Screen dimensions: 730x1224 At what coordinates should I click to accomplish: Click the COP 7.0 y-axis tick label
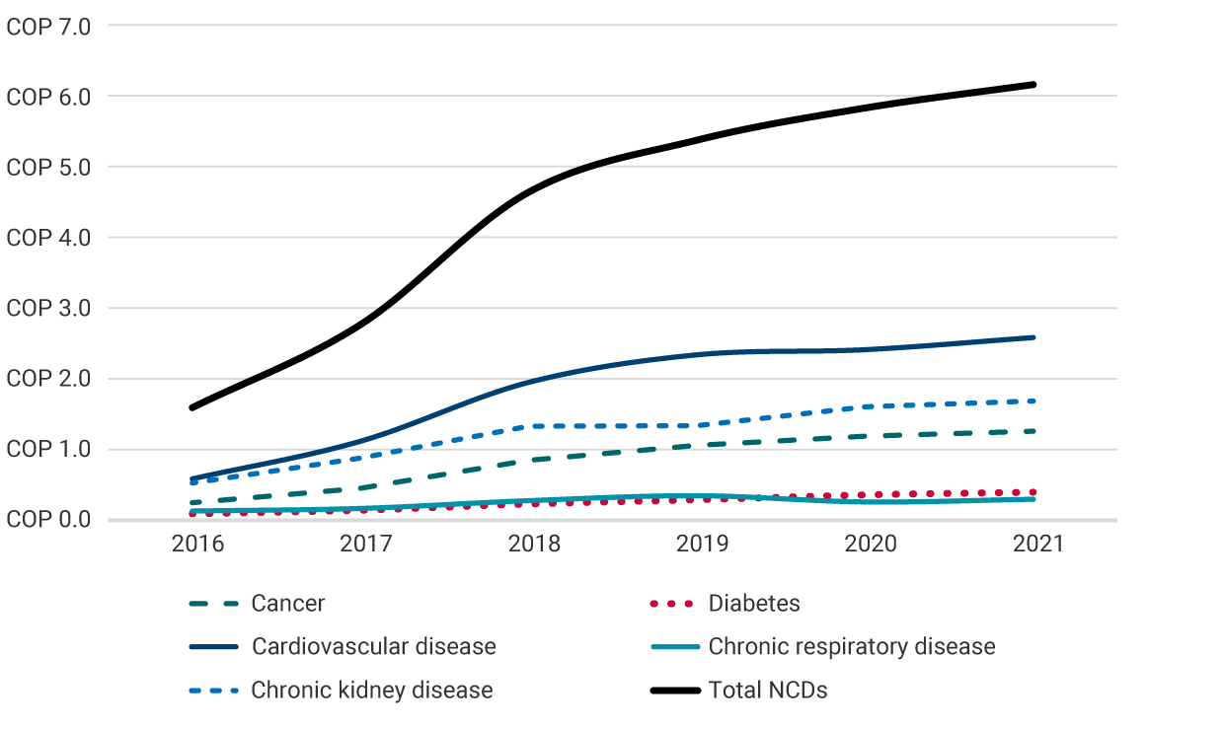pyautogui.click(x=48, y=27)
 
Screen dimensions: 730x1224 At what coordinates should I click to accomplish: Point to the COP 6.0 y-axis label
pyautogui.click(x=48, y=97)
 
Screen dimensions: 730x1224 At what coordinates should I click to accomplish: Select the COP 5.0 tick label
pyautogui.click(x=48, y=168)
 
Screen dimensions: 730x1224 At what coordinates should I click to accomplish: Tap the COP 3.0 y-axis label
pyautogui.click(x=48, y=309)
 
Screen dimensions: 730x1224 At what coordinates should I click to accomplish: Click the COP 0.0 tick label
pyautogui.click(x=48, y=520)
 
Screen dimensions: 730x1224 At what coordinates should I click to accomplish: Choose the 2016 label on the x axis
pyautogui.click(x=198, y=544)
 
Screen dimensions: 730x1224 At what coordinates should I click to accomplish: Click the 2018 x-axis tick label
pyautogui.click(x=533, y=544)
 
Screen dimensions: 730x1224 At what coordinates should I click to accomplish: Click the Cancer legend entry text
pyautogui.click(x=287, y=604)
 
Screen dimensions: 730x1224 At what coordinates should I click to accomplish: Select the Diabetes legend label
pyautogui.click(x=754, y=604)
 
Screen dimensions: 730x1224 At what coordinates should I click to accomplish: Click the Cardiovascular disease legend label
pyautogui.click(x=373, y=647)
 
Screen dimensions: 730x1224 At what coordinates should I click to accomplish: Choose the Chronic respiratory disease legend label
pyautogui.click(x=852, y=647)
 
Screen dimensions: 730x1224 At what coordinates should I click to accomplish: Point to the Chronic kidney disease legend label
pyautogui.click(x=371, y=691)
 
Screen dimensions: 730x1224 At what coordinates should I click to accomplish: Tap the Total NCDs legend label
pyautogui.click(x=768, y=691)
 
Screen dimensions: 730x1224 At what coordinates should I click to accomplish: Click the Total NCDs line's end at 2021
pyautogui.click(x=1033, y=85)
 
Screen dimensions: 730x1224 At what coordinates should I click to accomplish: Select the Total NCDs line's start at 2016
pyautogui.click(x=191, y=407)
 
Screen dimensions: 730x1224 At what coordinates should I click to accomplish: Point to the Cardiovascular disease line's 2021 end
pyautogui.click(x=1033, y=337)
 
